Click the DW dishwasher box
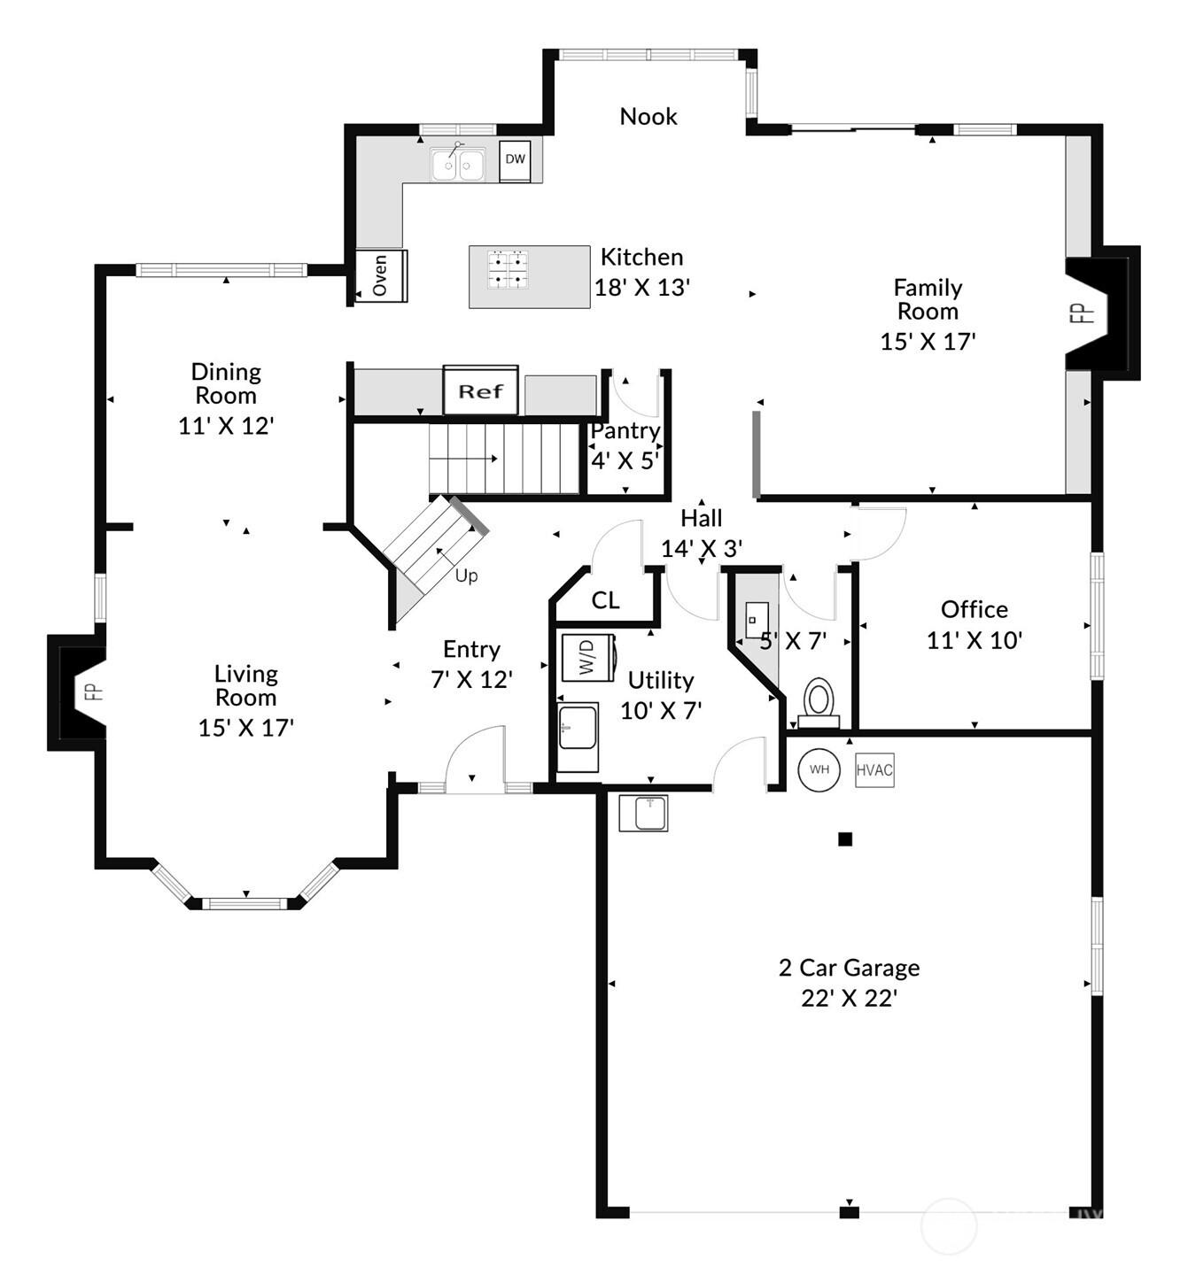click(515, 161)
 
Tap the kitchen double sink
click(458, 165)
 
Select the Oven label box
click(381, 275)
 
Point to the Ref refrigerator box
click(481, 390)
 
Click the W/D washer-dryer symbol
click(588, 658)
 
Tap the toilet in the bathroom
click(819, 703)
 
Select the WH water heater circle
click(819, 770)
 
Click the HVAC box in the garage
click(874, 770)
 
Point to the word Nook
click(648, 117)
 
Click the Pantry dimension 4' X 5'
click(625, 460)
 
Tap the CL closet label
click(605, 600)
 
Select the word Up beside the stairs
click(467, 576)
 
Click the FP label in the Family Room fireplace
click(1086, 313)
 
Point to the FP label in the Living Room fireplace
click(94, 691)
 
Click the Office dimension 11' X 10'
click(974, 640)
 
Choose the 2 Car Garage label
click(849, 968)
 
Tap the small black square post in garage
click(845, 839)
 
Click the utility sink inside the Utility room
click(578, 727)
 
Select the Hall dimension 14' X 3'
click(702, 549)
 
